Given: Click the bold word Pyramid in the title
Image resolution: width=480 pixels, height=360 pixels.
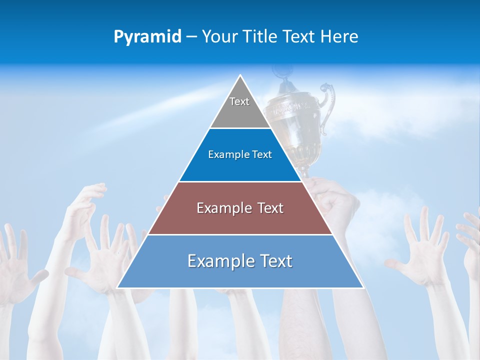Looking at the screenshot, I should pos(147,37).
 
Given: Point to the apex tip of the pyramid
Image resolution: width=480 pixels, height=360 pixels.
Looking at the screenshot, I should pos(240,76).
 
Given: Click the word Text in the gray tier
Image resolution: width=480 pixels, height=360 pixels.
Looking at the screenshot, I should pos(239,101).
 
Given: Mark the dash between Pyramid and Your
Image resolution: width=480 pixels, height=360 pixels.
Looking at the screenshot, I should pos(191,37).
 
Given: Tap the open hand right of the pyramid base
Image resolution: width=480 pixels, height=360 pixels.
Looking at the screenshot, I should pos(420,245).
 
